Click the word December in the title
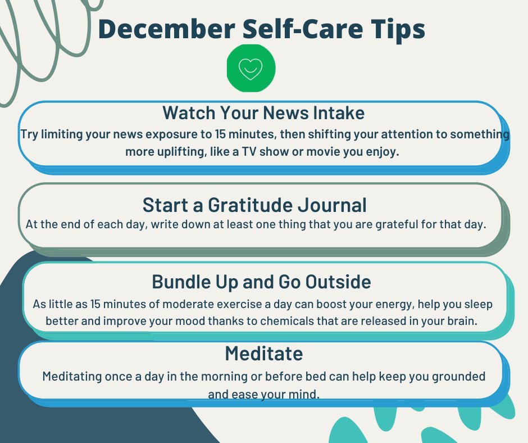[x=167, y=29]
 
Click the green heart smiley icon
[x=251, y=68]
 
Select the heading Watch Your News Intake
[x=263, y=112]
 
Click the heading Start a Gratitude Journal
[x=254, y=205]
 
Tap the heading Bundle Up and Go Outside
[x=261, y=282]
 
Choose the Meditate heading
[x=263, y=354]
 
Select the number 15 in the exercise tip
[x=95, y=304]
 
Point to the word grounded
[x=459, y=377]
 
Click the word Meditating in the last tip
[x=72, y=377]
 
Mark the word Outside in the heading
[x=338, y=282]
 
